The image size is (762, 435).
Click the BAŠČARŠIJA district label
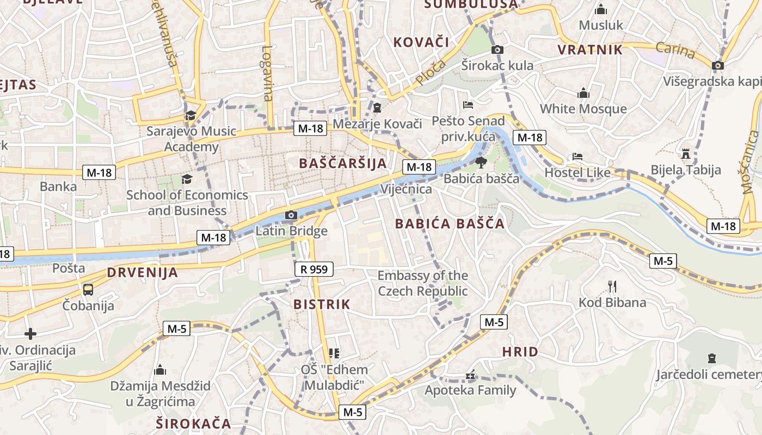343,163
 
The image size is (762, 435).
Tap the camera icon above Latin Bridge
291,215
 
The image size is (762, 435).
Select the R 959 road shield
314,269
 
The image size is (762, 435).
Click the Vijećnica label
406,189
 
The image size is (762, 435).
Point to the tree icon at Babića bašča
481,162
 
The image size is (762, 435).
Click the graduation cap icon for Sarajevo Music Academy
190,115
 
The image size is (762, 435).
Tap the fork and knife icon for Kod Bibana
612,286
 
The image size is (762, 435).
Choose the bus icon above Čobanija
88,289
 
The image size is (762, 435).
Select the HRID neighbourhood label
520,352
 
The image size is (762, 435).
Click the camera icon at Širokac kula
497,50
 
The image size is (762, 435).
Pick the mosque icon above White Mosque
583,93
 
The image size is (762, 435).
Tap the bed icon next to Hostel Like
577,157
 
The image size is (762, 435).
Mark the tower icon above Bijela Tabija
686,154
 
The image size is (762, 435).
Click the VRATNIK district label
590,50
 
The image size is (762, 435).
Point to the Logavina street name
267,73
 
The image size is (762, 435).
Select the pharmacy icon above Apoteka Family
470,375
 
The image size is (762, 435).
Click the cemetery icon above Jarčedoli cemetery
711,358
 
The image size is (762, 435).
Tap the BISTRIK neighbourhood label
322,304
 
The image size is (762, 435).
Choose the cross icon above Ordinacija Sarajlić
30,334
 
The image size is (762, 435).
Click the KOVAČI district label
421,42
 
